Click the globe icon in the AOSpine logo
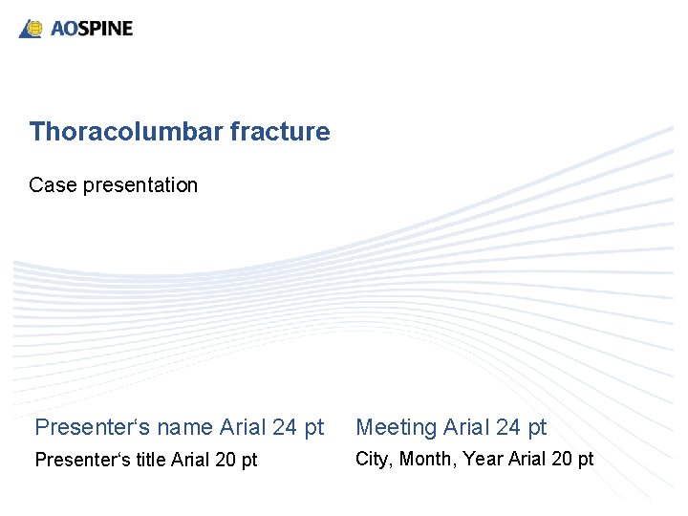pyautogui.click(x=34, y=29)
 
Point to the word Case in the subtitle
pyautogui.click(x=53, y=185)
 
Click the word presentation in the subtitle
pyautogui.click(x=140, y=185)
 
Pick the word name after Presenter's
pyautogui.click(x=183, y=427)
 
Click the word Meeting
pyautogui.click(x=396, y=427)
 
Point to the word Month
pyautogui.click(x=427, y=459)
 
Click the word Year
pyautogui.click(x=483, y=459)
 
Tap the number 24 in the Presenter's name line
pyautogui.click(x=285, y=427)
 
